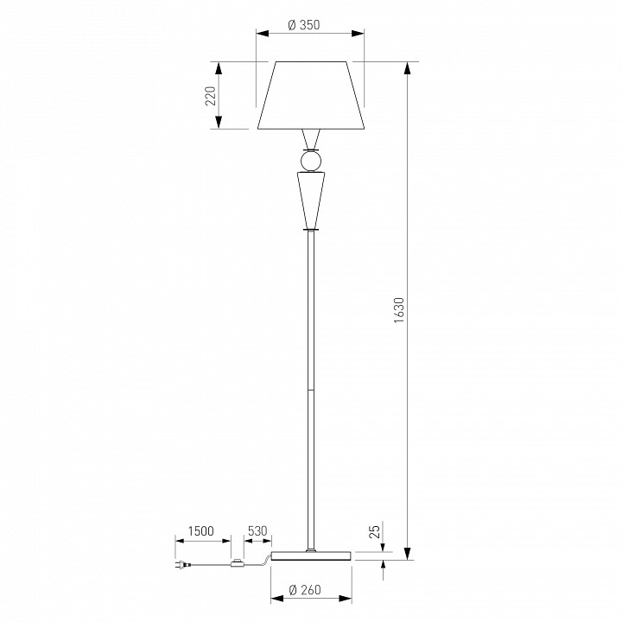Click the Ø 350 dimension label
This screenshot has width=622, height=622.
(303, 25)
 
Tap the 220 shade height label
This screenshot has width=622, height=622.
(211, 96)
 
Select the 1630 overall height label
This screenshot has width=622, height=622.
(399, 310)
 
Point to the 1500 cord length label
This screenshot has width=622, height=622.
(200, 530)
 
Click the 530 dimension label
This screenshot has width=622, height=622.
(257, 530)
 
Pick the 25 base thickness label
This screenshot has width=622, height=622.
(375, 531)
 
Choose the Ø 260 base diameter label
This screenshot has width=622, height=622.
(305, 590)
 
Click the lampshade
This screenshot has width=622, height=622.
(311, 95)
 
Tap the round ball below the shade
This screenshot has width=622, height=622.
(311, 161)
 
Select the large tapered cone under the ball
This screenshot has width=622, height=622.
(311, 200)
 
